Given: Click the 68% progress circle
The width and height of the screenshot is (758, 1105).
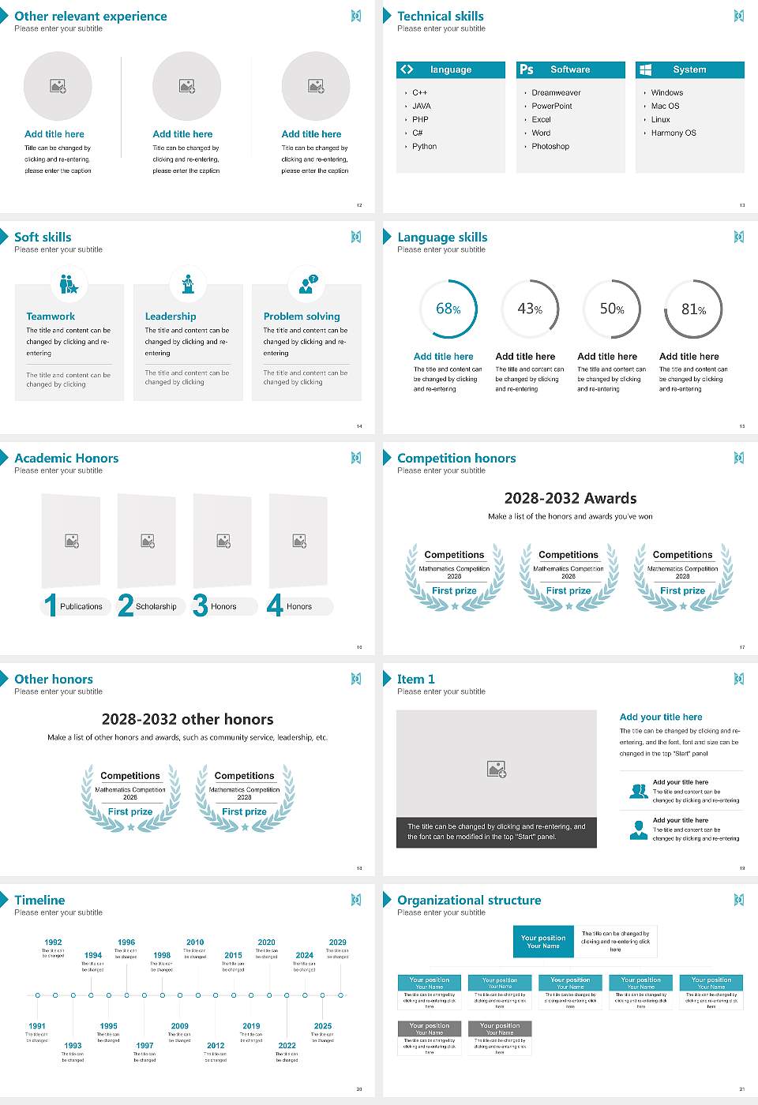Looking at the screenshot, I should pos(448,309).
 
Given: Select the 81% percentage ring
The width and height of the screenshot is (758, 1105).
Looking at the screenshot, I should pos(693,309).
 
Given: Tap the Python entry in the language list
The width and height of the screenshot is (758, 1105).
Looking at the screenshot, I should pos(424,147).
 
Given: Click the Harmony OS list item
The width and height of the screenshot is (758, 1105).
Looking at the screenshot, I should pos(674,133).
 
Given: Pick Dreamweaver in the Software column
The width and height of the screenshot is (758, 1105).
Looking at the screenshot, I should pos(556,93).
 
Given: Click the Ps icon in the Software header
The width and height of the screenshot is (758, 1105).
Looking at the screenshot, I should pos(527,69).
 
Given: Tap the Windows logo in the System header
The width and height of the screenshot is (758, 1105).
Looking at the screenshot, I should pos(645,69).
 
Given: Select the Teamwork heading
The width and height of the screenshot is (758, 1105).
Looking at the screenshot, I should pos(51,317).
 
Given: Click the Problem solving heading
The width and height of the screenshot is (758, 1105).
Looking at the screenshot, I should pos(302,317).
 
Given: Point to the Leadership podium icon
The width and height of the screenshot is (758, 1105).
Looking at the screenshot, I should pos(188,284).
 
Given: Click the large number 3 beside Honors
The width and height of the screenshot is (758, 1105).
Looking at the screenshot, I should pos(200,605).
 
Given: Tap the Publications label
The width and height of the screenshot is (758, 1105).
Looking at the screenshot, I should pos(81,607).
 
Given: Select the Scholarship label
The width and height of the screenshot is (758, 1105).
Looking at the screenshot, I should pos(156,607).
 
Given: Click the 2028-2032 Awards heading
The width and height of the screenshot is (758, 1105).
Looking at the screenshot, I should pos(570,498).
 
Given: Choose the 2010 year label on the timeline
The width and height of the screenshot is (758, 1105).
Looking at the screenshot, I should pos(195,942).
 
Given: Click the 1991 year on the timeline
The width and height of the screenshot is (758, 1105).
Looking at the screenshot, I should pos(37,1027).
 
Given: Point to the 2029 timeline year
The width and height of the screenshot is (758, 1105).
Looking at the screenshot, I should pos(338,942).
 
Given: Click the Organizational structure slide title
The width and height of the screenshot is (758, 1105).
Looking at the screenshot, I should pos(469,901).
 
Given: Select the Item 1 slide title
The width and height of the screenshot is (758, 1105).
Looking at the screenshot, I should pos(415,680).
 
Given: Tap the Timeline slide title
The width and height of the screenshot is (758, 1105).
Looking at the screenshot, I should pos(39,901).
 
